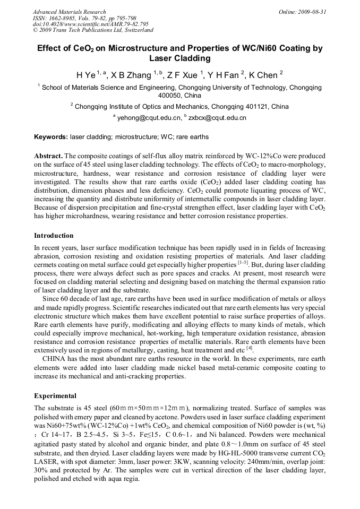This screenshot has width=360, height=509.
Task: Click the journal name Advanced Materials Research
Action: coord(69,12)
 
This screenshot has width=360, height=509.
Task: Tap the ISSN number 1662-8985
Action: coord(64,18)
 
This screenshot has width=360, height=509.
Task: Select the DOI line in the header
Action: coord(90,24)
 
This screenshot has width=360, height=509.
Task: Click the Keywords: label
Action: coord(51,137)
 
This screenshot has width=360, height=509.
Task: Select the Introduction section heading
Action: coord(54,235)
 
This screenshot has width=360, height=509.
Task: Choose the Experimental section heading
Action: coord(55,396)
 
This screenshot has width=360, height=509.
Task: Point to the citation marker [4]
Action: coord(250,349)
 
